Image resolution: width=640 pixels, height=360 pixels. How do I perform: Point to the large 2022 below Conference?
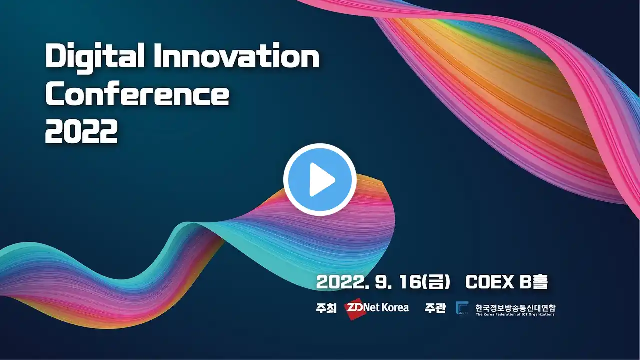click(81, 131)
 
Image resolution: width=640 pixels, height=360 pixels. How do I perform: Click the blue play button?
click(320, 179)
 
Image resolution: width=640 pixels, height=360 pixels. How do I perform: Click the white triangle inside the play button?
click(321, 179)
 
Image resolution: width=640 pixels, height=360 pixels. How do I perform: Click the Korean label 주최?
click(326, 308)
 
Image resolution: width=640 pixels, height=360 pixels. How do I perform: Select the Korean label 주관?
click(435, 308)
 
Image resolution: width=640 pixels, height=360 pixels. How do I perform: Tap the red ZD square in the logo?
click(355, 308)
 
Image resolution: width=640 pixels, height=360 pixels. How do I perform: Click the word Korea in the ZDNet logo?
click(395, 307)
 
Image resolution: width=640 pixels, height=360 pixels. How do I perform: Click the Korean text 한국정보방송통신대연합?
click(515, 308)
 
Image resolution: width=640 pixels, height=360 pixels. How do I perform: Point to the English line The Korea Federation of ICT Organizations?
click(515, 315)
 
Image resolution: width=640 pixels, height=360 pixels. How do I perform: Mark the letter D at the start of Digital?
click(55, 55)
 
